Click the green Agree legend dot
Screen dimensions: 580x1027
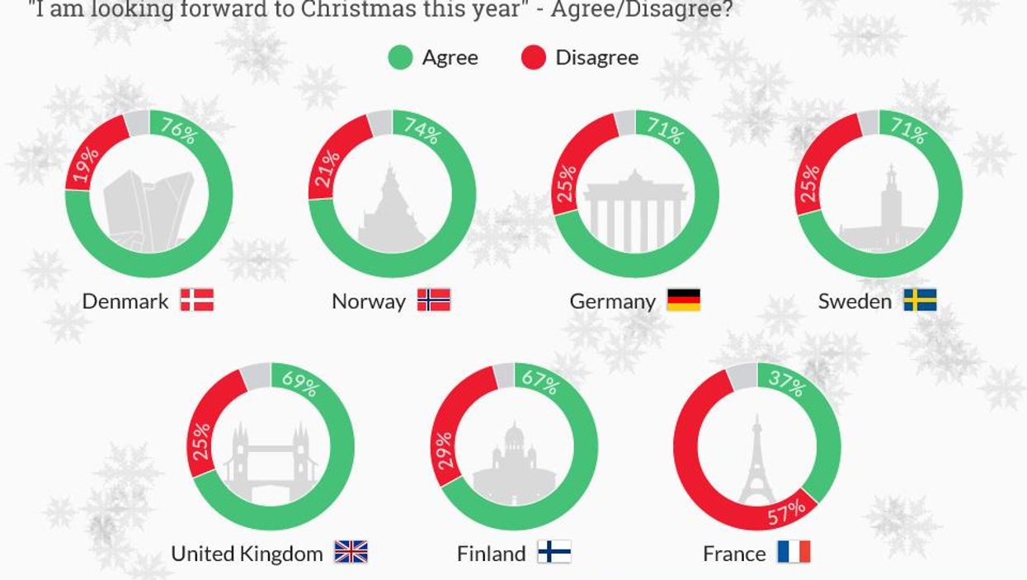pyautogui.click(x=400, y=58)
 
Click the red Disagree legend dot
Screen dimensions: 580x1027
pyautogui.click(x=534, y=58)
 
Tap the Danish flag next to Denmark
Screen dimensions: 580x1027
pyautogui.click(x=197, y=299)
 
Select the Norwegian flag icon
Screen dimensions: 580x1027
pyautogui.click(x=434, y=299)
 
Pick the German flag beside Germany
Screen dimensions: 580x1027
pyautogui.click(x=683, y=299)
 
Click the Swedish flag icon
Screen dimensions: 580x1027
pyautogui.click(x=920, y=299)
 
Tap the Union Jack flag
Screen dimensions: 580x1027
pyautogui.click(x=351, y=552)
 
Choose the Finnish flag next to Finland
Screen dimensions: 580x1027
pyautogui.click(x=554, y=552)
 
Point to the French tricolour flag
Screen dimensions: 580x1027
pyautogui.click(x=794, y=552)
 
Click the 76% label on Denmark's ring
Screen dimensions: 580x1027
pyautogui.click(x=178, y=131)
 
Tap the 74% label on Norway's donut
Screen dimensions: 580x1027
pyautogui.click(x=422, y=131)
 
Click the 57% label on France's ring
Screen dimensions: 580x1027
pyautogui.click(x=786, y=513)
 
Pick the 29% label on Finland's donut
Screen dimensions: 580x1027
pyautogui.click(x=446, y=450)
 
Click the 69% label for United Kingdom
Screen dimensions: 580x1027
pyautogui.click(x=299, y=383)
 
